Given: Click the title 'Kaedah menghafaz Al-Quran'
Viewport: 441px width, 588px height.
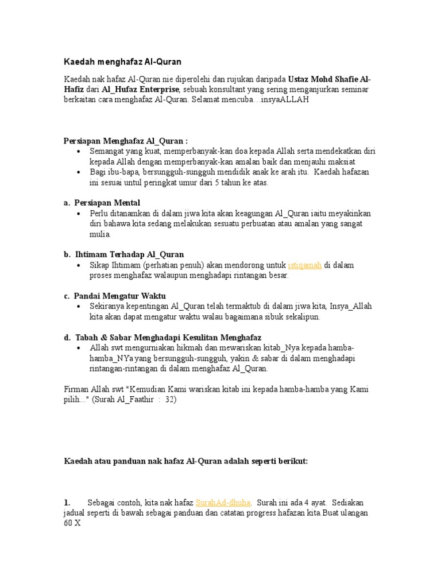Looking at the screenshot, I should [x=122, y=61].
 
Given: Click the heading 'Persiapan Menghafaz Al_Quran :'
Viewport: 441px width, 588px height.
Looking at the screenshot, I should [x=125, y=141].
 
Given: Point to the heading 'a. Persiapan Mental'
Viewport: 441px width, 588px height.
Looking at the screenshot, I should [x=102, y=203].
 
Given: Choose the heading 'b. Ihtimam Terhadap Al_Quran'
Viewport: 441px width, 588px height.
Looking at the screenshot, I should [x=123, y=254].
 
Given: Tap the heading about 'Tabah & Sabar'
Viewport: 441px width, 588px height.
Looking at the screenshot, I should [x=163, y=337].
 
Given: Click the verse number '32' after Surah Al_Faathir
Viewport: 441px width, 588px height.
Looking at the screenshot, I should [x=170, y=400].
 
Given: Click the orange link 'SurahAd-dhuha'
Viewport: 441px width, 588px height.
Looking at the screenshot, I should [x=223, y=502].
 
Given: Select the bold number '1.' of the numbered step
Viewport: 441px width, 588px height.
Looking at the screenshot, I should [x=67, y=502].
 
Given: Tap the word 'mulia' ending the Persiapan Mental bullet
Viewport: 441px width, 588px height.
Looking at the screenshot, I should [x=99, y=234].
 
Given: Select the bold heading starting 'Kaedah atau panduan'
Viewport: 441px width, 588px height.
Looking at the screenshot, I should [x=185, y=461].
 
